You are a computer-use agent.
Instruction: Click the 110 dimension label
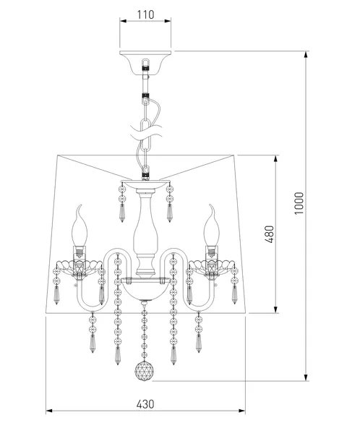pyautogui.click(x=145, y=14)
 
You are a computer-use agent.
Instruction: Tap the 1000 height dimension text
pyautogui.click(x=299, y=203)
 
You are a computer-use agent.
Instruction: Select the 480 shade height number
pyautogui.click(x=269, y=234)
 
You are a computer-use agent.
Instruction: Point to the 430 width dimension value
pyautogui.click(x=145, y=404)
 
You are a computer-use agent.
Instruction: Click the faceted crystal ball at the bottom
pyautogui.click(x=145, y=371)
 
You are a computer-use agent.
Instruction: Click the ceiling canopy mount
pyautogui.click(x=145, y=63)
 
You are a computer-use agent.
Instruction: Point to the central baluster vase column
pyautogui.click(x=145, y=232)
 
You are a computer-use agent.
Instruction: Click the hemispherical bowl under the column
pyautogui.click(x=145, y=289)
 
